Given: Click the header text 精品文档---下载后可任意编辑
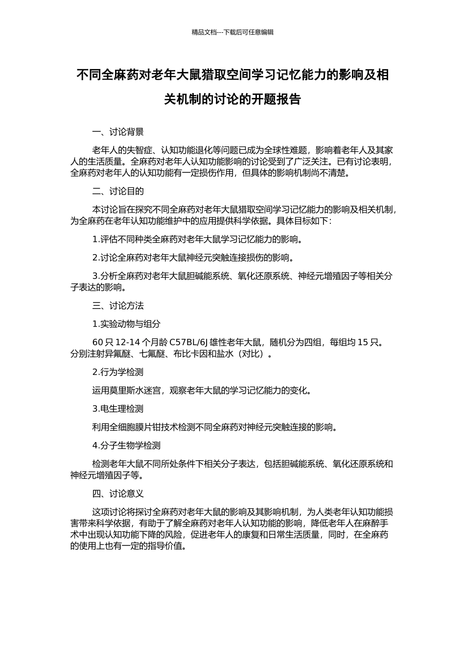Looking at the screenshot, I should (x=232, y=32).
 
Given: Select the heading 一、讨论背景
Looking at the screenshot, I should (x=118, y=132).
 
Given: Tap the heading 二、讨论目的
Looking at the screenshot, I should (x=118, y=191).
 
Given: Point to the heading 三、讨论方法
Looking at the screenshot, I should (x=118, y=306).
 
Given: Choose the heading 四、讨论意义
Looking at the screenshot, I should (x=118, y=493).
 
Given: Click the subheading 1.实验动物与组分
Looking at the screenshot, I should (x=126, y=324).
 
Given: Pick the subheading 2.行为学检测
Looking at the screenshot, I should (x=118, y=372).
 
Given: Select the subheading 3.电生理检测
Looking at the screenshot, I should (x=118, y=409).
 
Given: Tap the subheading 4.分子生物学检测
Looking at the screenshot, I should (x=126, y=446).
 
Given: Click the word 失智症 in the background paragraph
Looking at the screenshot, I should (x=139, y=150).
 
